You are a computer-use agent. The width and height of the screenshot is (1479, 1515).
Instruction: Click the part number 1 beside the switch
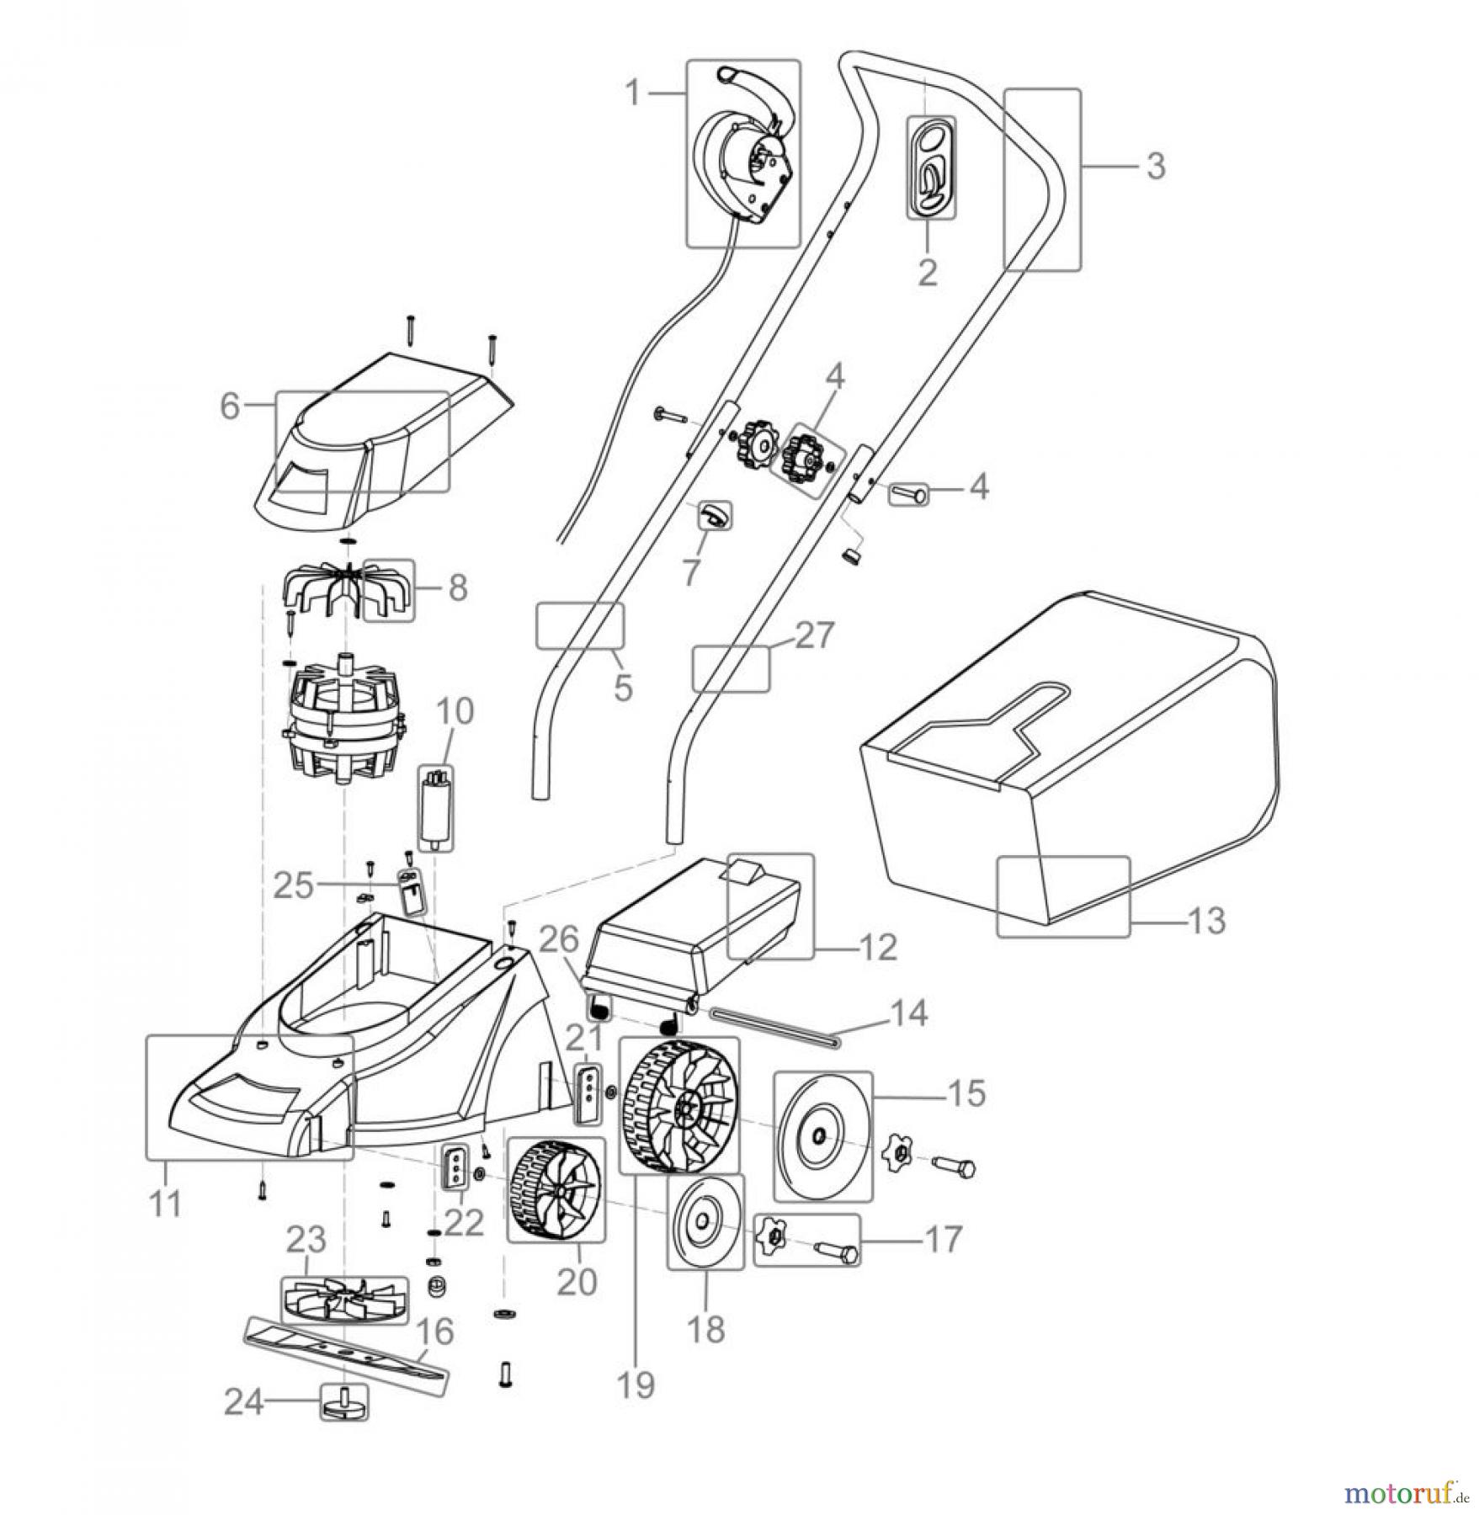point(637,93)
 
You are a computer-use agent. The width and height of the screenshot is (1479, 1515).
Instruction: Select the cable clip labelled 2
point(930,167)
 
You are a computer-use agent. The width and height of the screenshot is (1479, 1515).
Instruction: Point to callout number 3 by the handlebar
point(1156,166)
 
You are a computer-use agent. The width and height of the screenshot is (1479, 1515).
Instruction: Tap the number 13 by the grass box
point(1207,920)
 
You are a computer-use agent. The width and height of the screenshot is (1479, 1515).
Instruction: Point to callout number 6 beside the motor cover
point(230,406)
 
